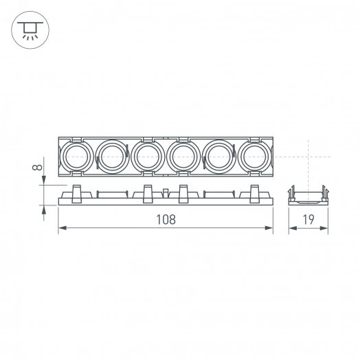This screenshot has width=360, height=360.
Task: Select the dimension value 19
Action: point(309,220)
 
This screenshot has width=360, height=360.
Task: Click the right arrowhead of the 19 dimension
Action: point(327,229)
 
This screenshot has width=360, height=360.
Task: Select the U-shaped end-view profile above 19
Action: point(309,196)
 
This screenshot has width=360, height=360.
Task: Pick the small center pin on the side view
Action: point(166,191)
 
